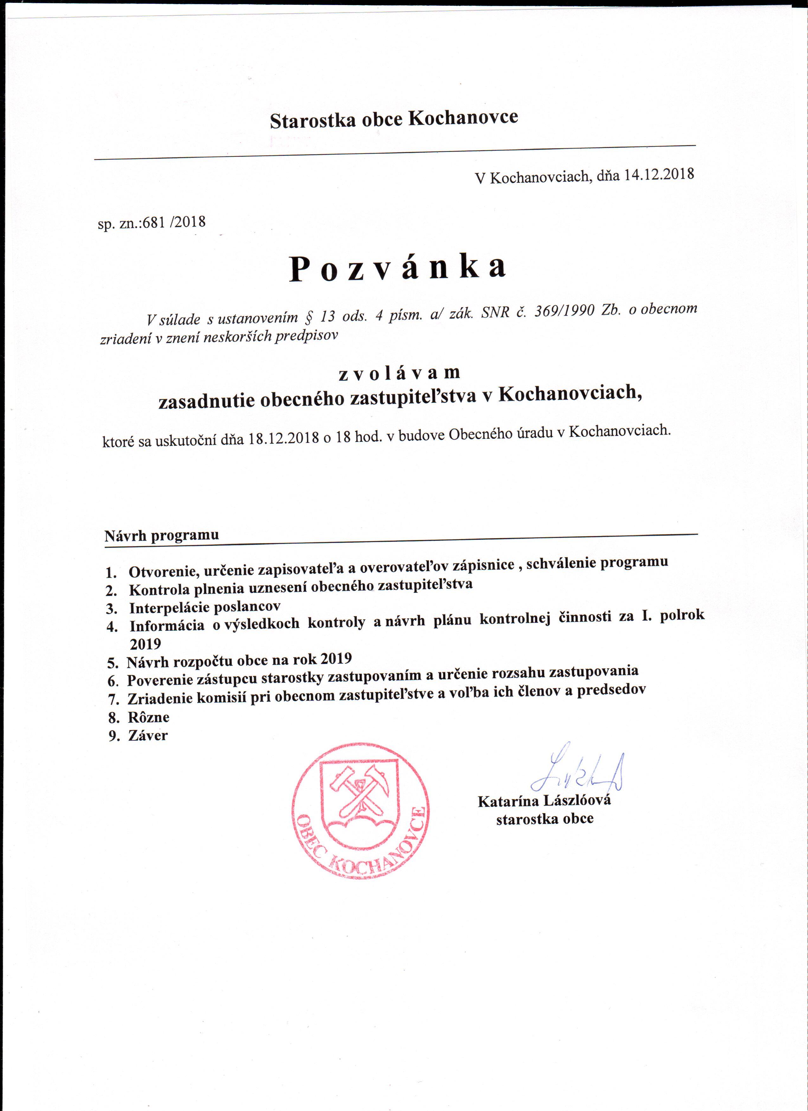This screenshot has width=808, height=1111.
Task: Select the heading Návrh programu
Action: (x=162, y=535)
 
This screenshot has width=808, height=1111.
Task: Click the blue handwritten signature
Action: (x=578, y=769)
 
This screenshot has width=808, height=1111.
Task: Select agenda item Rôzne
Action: (x=149, y=717)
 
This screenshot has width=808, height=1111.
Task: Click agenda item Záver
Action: (x=147, y=735)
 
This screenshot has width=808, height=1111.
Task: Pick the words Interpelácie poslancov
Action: (x=205, y=607)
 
